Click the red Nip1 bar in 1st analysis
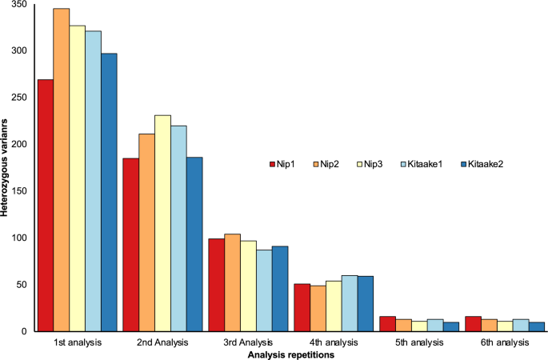(45, 205)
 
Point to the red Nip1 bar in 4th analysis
(301, 307)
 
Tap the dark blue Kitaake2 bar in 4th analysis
(365, 303)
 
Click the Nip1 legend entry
(285, 164)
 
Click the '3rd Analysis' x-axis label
(248, 342)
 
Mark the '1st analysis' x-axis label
(78, 342)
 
